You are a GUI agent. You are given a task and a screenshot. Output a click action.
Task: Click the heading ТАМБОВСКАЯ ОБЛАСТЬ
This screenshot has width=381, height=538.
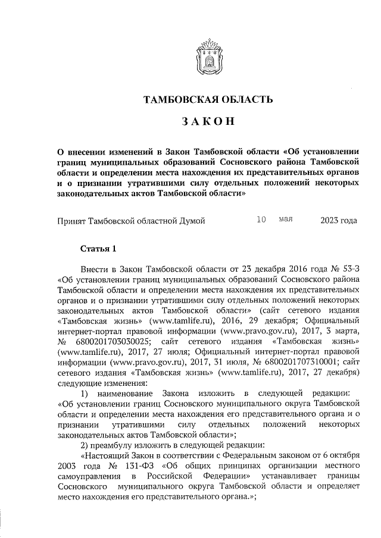pos(208,99)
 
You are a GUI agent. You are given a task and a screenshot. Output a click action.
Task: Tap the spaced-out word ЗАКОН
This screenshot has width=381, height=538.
pos(208,122)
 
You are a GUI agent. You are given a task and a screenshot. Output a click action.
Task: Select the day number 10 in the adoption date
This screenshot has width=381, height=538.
pos(261,220)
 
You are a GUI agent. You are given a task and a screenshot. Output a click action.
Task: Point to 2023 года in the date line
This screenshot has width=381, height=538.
pos(338,221)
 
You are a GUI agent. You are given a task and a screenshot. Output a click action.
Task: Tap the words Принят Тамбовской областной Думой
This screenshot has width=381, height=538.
pos(131,221)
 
